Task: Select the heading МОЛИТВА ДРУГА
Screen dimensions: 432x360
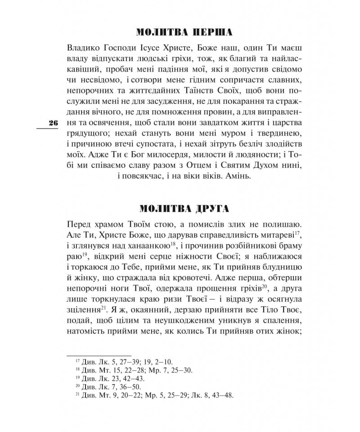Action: pos(184,208)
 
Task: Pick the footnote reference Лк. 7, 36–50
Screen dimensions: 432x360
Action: pos(116,387)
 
